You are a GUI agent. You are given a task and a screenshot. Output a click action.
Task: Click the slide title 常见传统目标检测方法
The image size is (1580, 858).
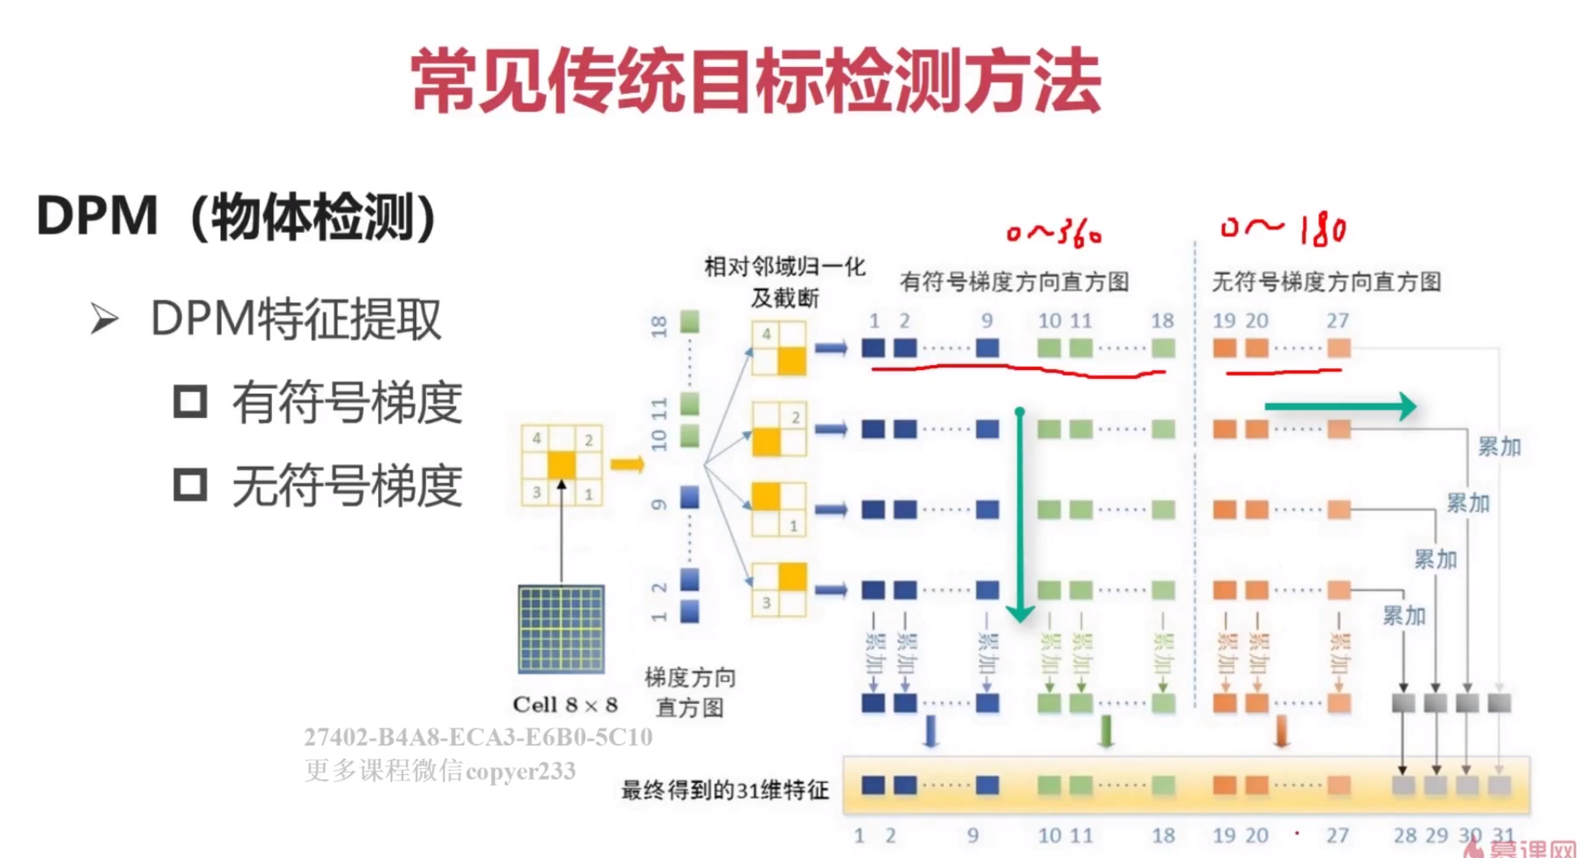coord(756,81)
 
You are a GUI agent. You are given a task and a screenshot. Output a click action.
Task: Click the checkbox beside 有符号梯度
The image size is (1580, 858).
coord(190,402)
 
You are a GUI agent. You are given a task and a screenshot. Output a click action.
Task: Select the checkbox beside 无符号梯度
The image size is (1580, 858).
coord(190,485)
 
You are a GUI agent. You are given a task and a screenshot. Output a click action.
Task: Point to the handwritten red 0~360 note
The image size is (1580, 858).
coord(1054,233)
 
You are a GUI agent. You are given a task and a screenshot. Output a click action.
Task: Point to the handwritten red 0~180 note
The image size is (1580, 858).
coord(1283,230)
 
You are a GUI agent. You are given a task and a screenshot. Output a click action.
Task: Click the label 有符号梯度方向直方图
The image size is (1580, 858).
coord(1014,282)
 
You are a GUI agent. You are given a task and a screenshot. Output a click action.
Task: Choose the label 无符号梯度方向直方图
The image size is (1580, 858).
coord(1327,282)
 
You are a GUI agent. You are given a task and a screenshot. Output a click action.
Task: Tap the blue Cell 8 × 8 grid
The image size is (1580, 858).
coord(561,628)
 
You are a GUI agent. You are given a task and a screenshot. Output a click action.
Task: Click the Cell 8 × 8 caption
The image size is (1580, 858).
coord(565,705)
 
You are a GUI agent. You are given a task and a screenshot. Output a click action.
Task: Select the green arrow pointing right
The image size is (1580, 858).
coord(1340,406)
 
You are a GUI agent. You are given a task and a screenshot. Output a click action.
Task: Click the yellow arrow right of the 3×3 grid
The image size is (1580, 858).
coord(627,464)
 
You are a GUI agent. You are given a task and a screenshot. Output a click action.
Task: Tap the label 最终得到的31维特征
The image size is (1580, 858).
coord(724,790)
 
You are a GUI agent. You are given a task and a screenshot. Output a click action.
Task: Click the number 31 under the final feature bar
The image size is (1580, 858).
coord(1503,835)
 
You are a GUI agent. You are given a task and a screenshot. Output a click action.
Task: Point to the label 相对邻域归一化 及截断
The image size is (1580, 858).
coord(784,282)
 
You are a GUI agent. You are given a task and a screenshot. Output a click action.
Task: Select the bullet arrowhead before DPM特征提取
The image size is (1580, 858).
coord(104,319)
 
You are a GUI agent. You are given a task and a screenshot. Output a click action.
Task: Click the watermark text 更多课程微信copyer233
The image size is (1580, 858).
coord(440,770)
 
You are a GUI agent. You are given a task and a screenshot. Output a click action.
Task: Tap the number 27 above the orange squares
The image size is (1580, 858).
coord(1337,320)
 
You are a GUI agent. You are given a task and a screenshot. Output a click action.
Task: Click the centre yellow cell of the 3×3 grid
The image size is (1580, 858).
coord(561,465)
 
